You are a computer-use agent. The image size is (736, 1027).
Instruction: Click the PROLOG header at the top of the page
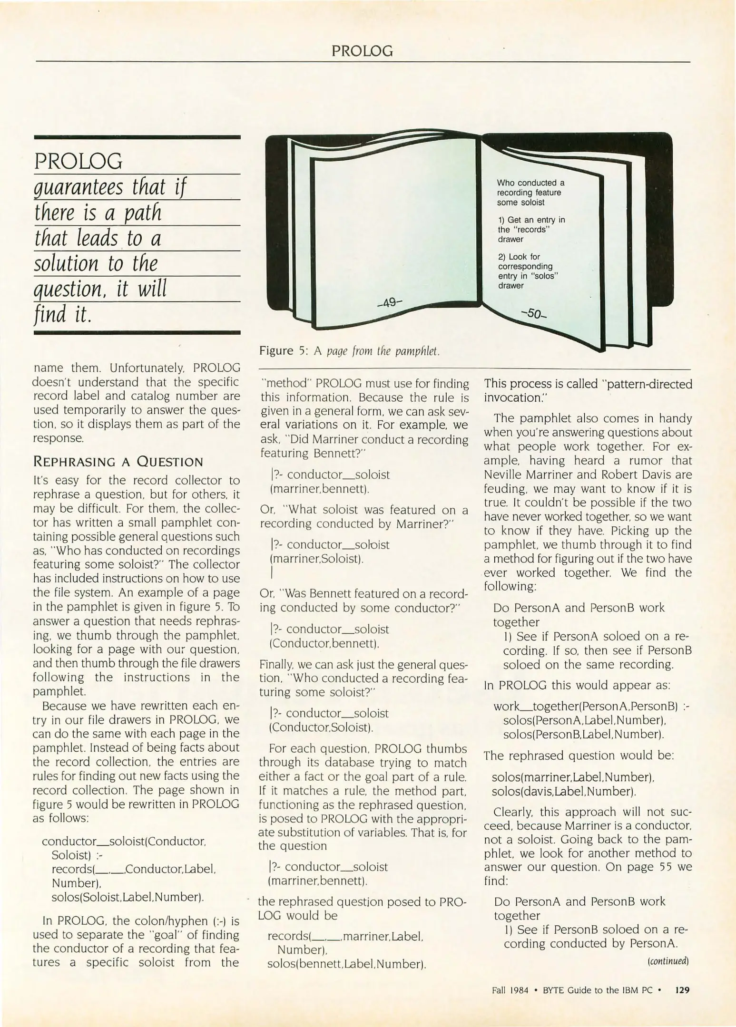point(362,51)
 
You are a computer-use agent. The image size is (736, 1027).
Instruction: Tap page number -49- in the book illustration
point(390,302)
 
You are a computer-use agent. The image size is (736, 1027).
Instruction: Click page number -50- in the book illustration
point(534,314)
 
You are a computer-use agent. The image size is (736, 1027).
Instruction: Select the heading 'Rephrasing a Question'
point(118,462)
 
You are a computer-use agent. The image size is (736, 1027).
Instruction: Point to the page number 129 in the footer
point(682,990)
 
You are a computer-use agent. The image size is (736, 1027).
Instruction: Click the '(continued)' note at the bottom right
point(668,961)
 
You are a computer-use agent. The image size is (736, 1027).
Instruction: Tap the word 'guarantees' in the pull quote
point(78,187)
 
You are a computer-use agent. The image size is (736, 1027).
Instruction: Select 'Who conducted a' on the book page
point(530,183)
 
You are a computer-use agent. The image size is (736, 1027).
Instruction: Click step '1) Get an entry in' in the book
point(531,220)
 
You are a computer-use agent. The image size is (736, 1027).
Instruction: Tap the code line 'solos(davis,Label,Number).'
point(564,792)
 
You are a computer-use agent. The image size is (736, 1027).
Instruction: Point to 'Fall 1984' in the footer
point(510,991)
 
